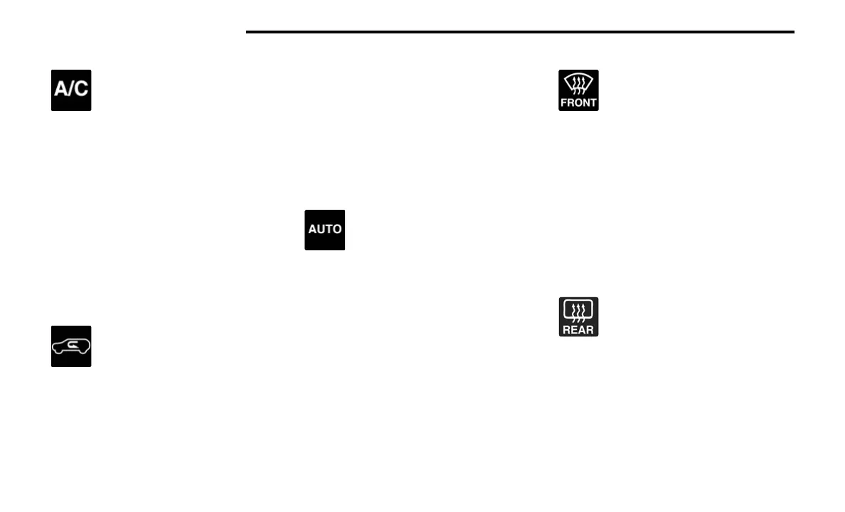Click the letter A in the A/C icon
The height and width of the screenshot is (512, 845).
click(61, 91)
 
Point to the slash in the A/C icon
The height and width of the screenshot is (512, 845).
click(71, 91)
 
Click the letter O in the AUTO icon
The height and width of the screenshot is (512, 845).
click(337, 230)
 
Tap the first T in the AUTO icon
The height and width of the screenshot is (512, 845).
click(329, 230)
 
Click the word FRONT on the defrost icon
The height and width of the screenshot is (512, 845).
click(578, 102)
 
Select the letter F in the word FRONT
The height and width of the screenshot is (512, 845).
click(565, 102)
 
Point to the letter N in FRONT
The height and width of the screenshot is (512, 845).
click(585, 102)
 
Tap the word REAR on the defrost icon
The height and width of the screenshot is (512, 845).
click(578, 329)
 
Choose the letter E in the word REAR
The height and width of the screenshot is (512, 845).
click(574, 329)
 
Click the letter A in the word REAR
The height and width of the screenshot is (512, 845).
click(582, 329)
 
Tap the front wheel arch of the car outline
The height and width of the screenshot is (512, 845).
click(60, 352)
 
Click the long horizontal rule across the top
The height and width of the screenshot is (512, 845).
click(519, 32)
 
